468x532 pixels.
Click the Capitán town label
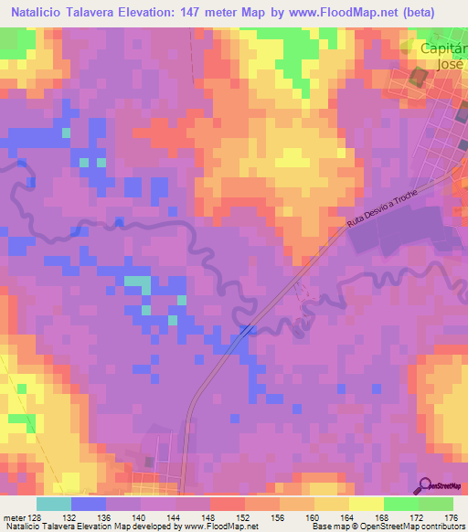[x=441, y=48]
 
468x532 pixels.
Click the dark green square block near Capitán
[x=420, y=78]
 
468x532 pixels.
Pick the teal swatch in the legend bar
[x=54, y=504]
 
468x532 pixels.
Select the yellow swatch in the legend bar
[x=366, y=504]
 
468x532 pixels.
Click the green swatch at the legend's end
[x=435, y=504]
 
